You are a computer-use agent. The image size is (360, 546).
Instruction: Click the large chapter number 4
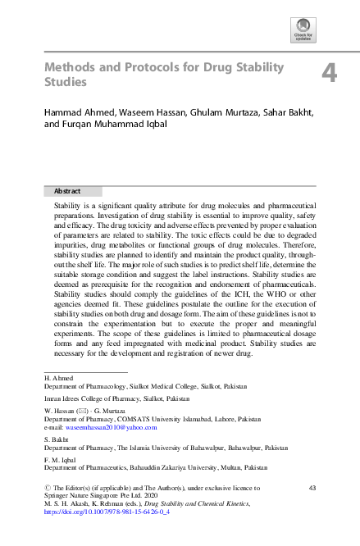[329, 75]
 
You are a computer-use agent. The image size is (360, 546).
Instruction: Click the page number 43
[312, 489]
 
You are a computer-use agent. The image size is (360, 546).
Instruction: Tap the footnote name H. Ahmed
[58, 378]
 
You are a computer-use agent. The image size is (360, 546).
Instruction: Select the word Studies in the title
[65, 82]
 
